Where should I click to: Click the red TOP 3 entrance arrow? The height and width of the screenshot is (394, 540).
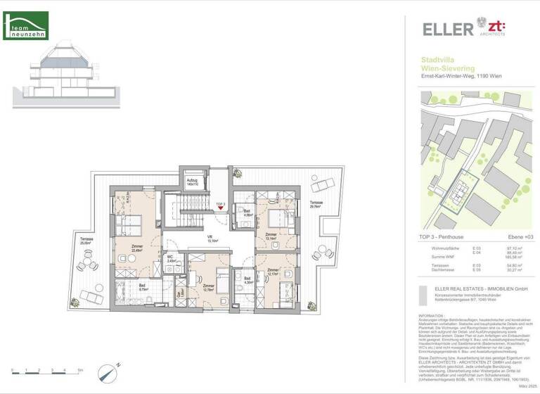click(220, 208)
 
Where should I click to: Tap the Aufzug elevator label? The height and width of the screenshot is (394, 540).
click(192, 182)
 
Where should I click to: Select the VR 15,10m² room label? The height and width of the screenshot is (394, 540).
click(210, 239)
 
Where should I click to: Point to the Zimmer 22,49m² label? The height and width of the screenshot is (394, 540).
click(137, 248)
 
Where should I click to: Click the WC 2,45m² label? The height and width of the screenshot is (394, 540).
click(171, 258)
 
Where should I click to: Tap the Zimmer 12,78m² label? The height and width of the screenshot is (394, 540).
click(208, 287)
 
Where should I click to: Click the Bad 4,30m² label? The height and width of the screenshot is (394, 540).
click(247, 281)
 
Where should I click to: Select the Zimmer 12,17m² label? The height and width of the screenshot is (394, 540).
click(274, 272)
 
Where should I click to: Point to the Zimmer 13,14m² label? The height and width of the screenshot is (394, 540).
click(271, 236)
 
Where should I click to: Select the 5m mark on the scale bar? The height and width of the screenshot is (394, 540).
click(79, 370)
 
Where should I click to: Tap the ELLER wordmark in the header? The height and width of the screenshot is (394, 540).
click(447, 30)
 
